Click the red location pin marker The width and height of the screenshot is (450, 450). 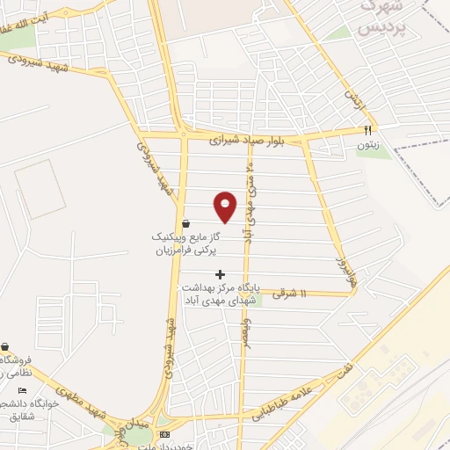226,206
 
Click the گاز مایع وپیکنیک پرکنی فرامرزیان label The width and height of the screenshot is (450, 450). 184,243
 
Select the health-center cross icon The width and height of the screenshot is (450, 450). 220,274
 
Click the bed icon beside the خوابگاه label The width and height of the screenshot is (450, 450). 23,390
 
